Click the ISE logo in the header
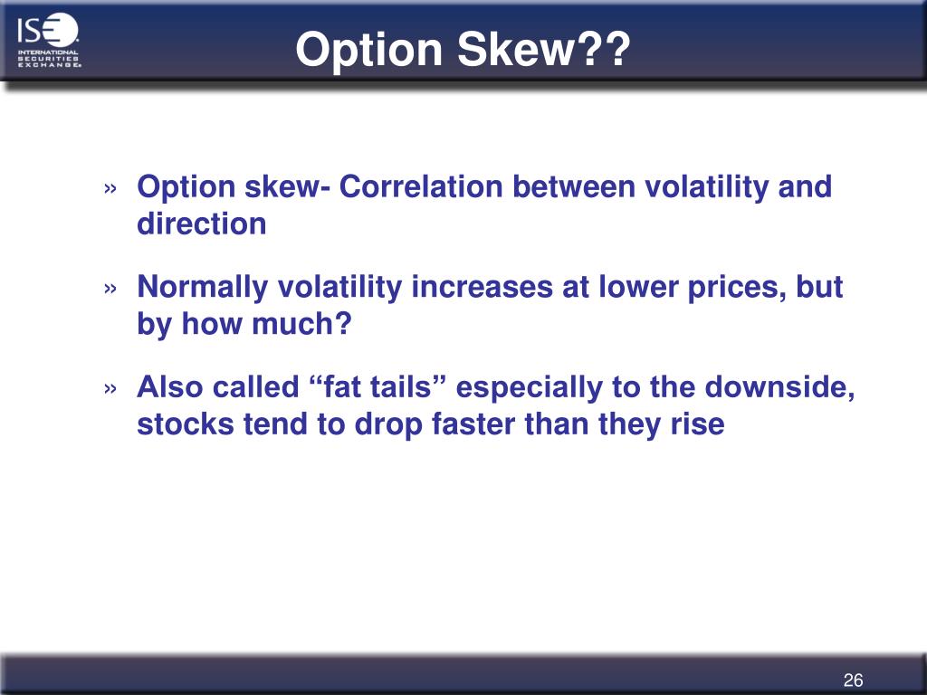tap(49, 40)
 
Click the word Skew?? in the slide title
tap(544, 49)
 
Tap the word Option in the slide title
tap(369, 51)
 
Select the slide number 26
tap(853, 681)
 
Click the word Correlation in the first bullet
tap(421, 186)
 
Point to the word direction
tap(202, 224)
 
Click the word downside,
tap(779, 387)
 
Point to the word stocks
tap(186, 424)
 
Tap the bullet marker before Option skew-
tap(110, 188)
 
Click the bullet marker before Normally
tap(110, 289)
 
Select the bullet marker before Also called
tap(110, 389)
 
